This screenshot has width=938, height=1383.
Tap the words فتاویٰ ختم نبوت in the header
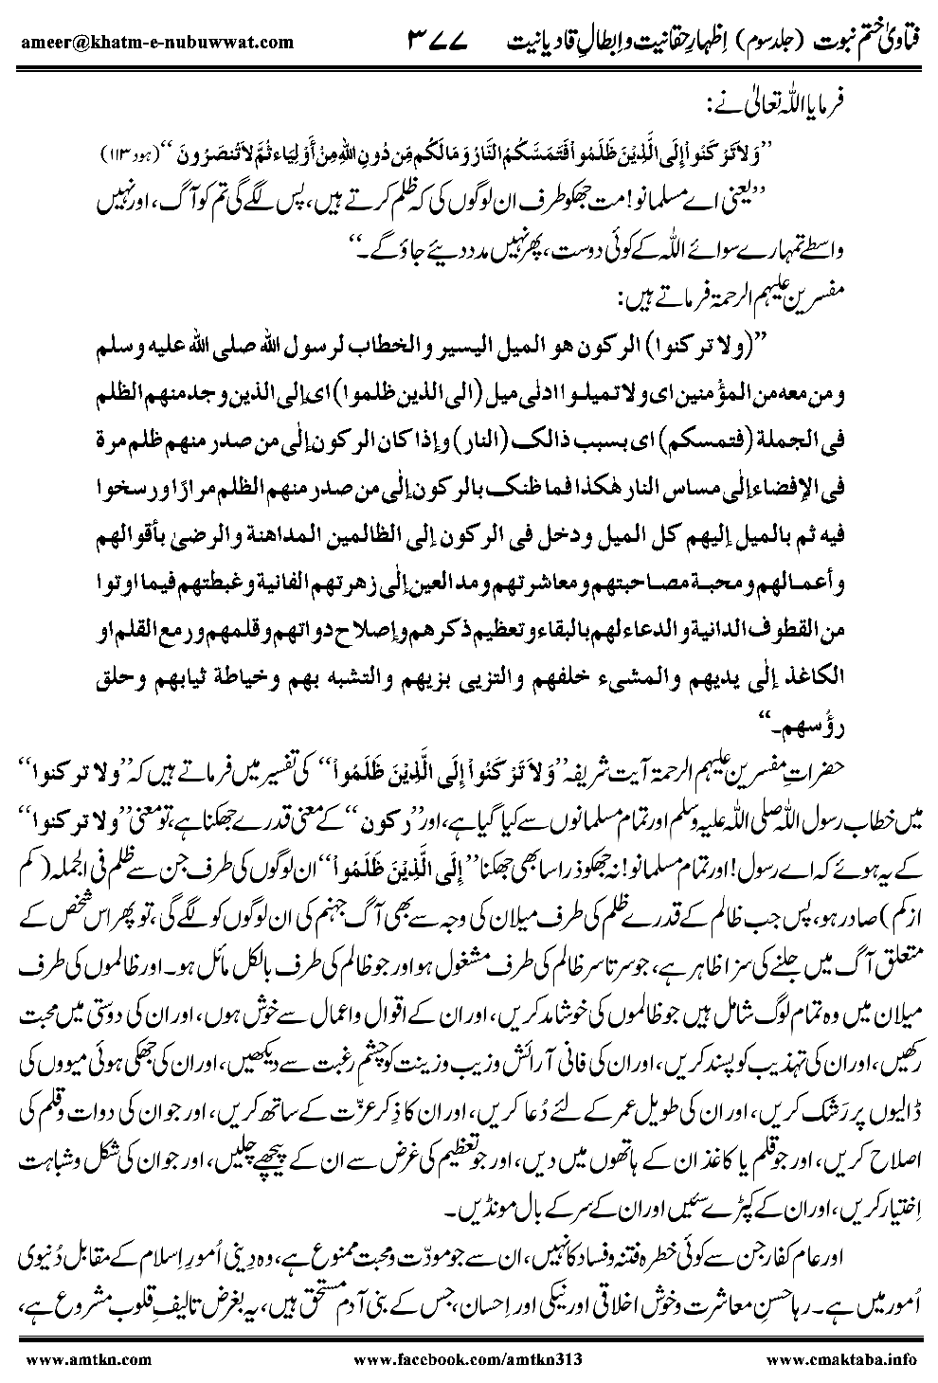864,41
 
